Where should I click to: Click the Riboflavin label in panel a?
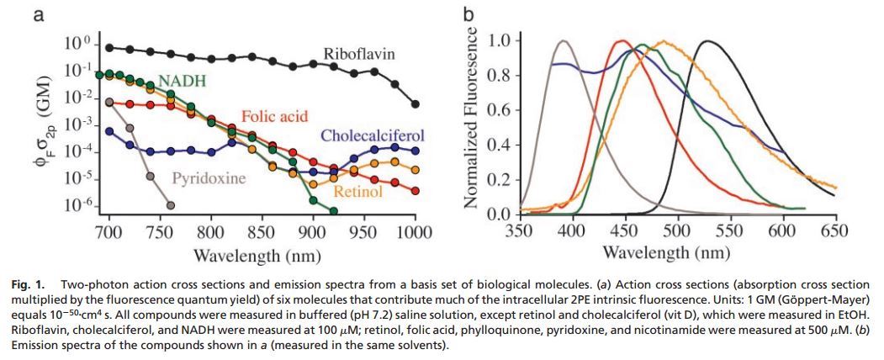(x=359, y=56)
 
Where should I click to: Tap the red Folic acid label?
(x=274, y=115)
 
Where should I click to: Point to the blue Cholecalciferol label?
(x=371, y=136)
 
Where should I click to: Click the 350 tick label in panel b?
(x=521, y=231)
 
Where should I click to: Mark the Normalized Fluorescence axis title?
(x=471, y=121)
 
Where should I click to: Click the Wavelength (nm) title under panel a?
(x=262, y=254)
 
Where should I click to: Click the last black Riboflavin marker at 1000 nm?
(x=416, y=103)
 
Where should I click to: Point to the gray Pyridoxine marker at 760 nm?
(x=171, y=205)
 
